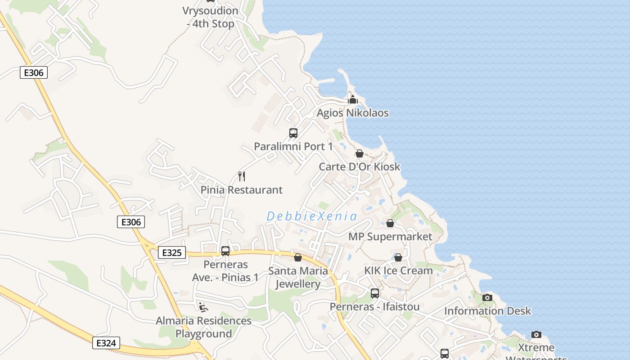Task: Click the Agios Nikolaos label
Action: [x=352, y=112]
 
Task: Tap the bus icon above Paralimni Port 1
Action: [x=293, y=133]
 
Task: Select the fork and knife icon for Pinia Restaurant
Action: [x=241, y=176]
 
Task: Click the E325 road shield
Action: [x=172, y=253]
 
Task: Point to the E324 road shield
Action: [x=107, y=343]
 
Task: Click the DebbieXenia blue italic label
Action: [x=312, y=216]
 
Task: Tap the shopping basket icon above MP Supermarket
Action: [x=390, y=223]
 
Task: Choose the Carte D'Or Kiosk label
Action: [x=359, y=166]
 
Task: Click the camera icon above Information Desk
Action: [x=487, y=297]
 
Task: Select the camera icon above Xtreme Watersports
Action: [x=536, y=334]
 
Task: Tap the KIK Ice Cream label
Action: [x=398, y=270]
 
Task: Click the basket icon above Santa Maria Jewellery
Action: [x=297, y=257]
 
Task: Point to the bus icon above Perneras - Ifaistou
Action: [x=375, y=293]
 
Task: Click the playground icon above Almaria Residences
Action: [x=203, y=307]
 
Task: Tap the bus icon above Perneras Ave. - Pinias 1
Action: [x=225, y=251]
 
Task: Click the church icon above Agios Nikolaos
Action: [x=353, y=99]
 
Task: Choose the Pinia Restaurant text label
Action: [x=242, y=190]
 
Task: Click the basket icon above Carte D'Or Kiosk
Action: [x=359, y=153]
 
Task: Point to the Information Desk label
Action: [x=487, y=311]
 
